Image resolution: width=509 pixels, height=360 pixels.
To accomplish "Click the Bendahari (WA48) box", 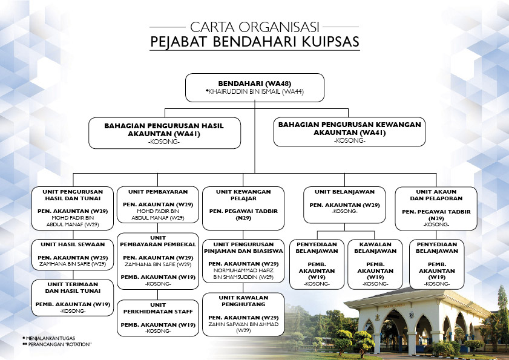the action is click(255, 88).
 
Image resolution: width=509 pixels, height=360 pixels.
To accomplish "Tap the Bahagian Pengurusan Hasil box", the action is click(165, 133).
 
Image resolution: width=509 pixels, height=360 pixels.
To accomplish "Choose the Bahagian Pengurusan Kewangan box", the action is click(349, 132).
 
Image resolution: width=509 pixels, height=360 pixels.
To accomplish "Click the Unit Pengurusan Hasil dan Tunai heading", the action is click(73, 195).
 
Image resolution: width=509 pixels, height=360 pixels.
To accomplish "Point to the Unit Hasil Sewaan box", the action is click(73, 255).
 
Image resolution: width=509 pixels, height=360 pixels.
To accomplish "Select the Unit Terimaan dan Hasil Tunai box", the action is click(73, 298).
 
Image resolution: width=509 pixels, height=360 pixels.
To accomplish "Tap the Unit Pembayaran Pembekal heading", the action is click(158, 241).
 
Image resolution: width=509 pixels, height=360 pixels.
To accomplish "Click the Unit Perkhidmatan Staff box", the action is click(158, 318).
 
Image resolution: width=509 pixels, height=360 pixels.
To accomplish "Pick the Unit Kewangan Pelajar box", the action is click(243, 208).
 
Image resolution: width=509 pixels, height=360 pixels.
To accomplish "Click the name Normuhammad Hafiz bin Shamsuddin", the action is click(243, 273).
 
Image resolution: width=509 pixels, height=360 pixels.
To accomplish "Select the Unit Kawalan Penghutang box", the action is click(243, 314).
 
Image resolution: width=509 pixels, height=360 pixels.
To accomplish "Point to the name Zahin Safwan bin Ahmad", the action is click(243, 327).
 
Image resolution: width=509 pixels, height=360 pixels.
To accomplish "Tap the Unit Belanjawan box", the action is click(345, 205).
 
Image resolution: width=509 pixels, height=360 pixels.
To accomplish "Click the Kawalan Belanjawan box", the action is click(375, 264).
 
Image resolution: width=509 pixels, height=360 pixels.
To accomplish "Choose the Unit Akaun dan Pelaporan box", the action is click(436, 208).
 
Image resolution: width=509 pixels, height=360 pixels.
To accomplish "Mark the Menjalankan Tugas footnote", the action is click(50, 338).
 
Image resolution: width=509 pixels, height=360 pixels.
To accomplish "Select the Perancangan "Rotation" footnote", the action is click(57, 344).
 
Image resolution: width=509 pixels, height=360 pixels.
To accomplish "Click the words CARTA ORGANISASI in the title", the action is click(255, 27).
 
